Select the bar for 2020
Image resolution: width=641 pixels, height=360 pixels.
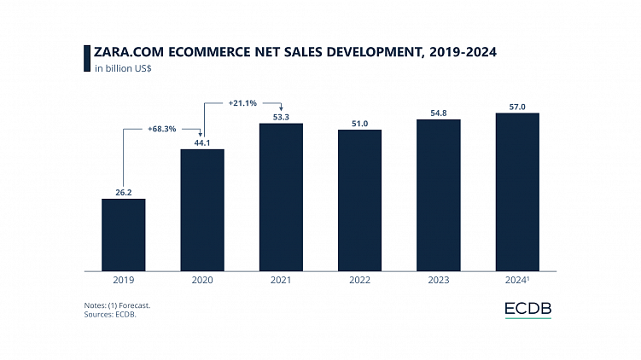tap(202, 209)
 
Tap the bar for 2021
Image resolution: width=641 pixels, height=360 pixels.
tap(281, 196)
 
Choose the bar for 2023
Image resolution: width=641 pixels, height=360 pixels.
tap(439, 195)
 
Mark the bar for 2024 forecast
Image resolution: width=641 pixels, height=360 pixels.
tap(517, 191)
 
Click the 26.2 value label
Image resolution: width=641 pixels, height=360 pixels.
tap(123, 191)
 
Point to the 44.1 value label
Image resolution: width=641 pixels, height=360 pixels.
tap(202, 142)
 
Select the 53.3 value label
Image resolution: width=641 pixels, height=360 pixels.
tap(281, 116)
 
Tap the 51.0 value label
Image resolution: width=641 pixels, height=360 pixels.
tap(359, 123)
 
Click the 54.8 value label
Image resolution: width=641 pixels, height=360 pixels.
tap(439, 112)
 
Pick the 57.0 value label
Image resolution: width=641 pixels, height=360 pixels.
tap(517, 106)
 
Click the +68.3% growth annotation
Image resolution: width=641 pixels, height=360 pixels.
tap(162, 129)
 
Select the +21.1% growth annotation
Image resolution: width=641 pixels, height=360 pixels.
tap(242, 103)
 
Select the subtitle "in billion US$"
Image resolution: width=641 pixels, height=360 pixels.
tap(124, 68)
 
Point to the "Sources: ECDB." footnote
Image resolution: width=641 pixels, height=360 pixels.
tap(111, 313)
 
